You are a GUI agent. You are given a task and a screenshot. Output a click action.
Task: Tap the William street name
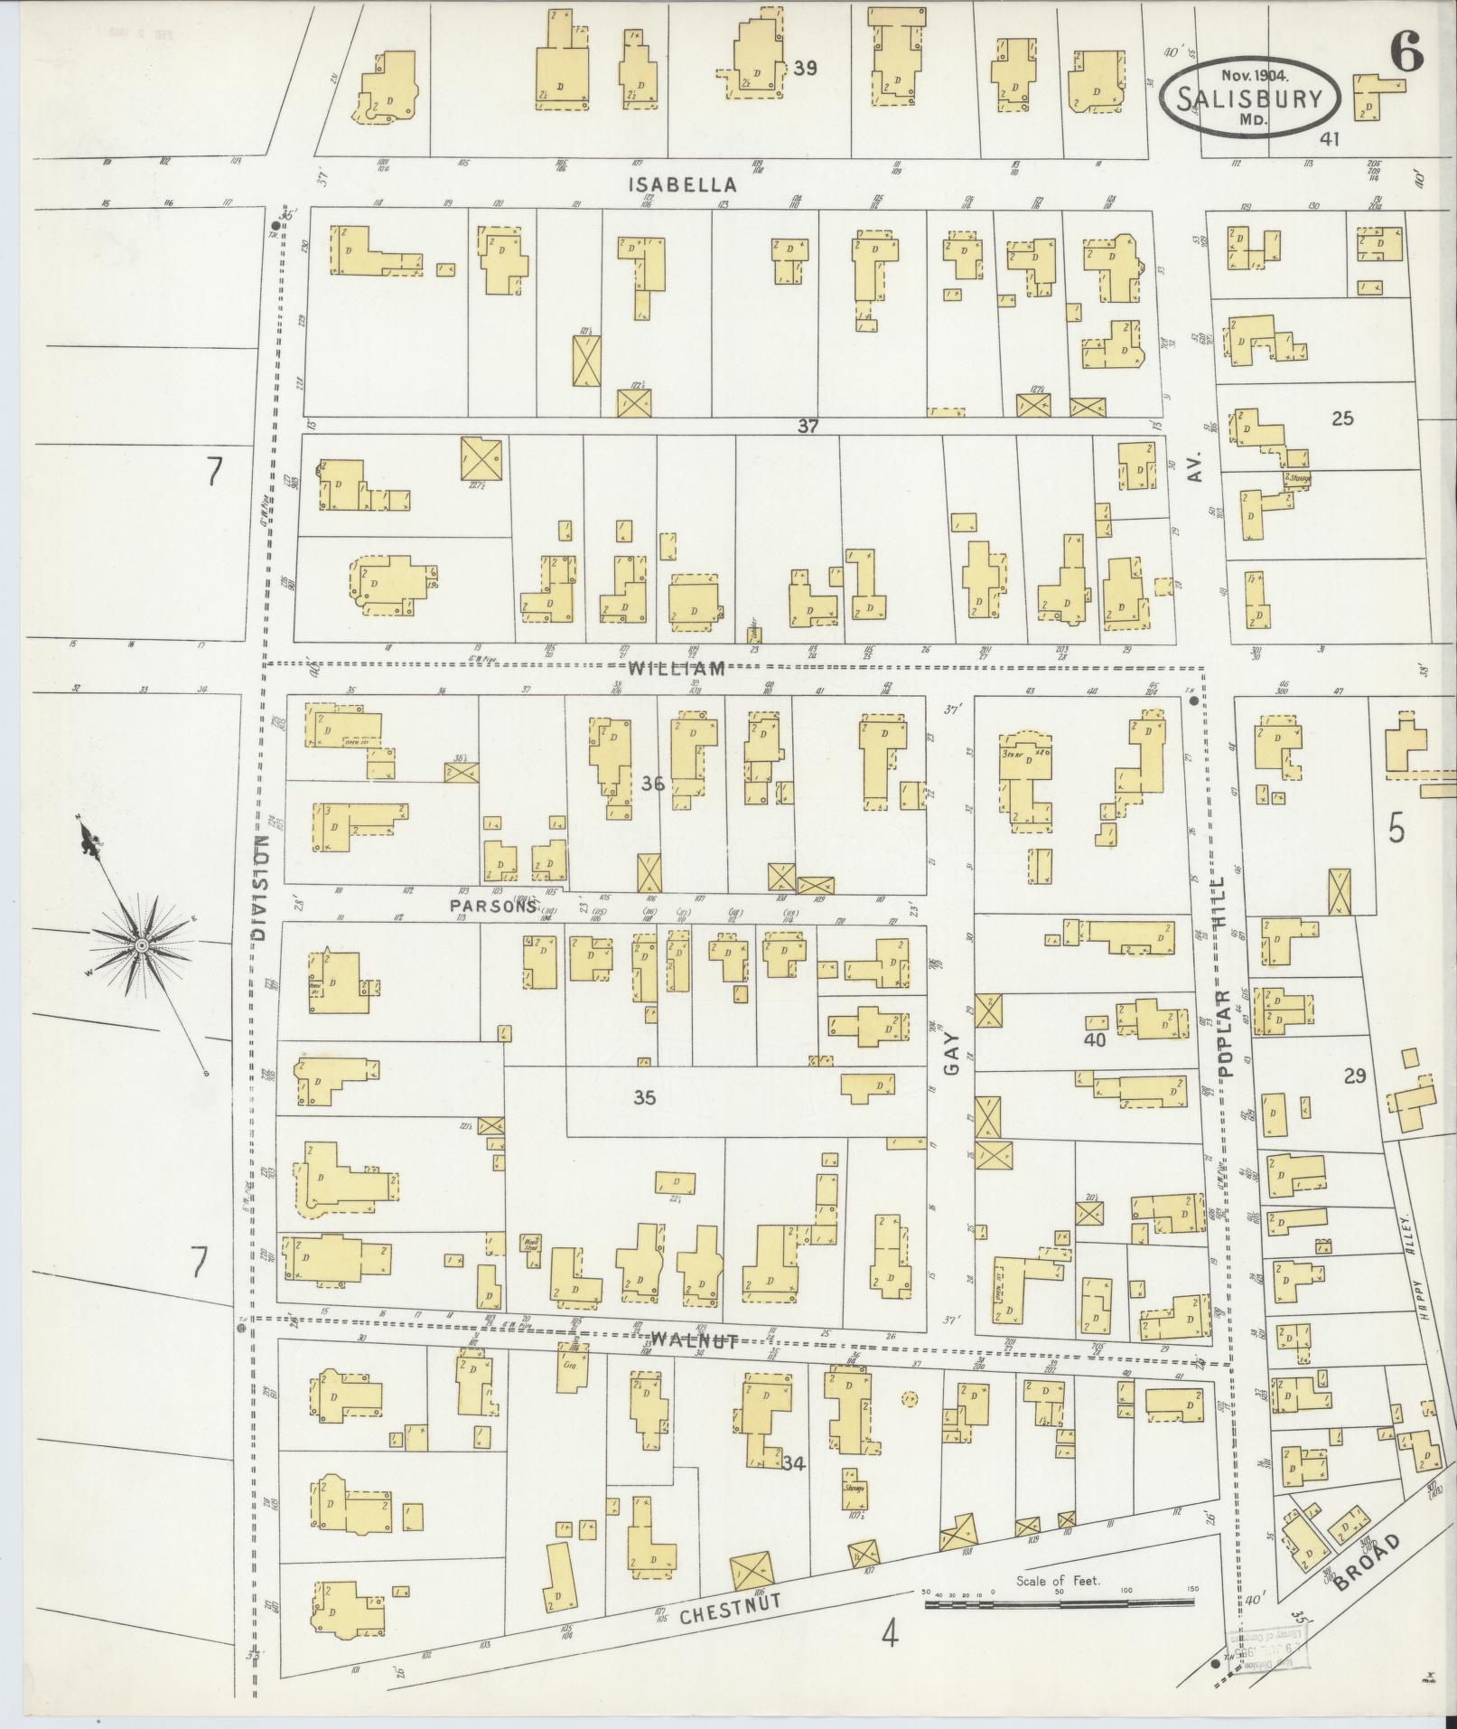(677, 669)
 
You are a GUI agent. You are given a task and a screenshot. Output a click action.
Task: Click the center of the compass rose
(142, 944)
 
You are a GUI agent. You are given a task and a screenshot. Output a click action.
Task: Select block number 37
(808, 426)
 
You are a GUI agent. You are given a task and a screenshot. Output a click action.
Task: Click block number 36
(652, 784)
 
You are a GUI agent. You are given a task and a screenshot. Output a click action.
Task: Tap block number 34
(794, 1462)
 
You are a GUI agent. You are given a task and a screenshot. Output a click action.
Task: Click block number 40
(1095, 1039)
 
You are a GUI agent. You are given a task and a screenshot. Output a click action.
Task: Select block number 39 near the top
(805, 68)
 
